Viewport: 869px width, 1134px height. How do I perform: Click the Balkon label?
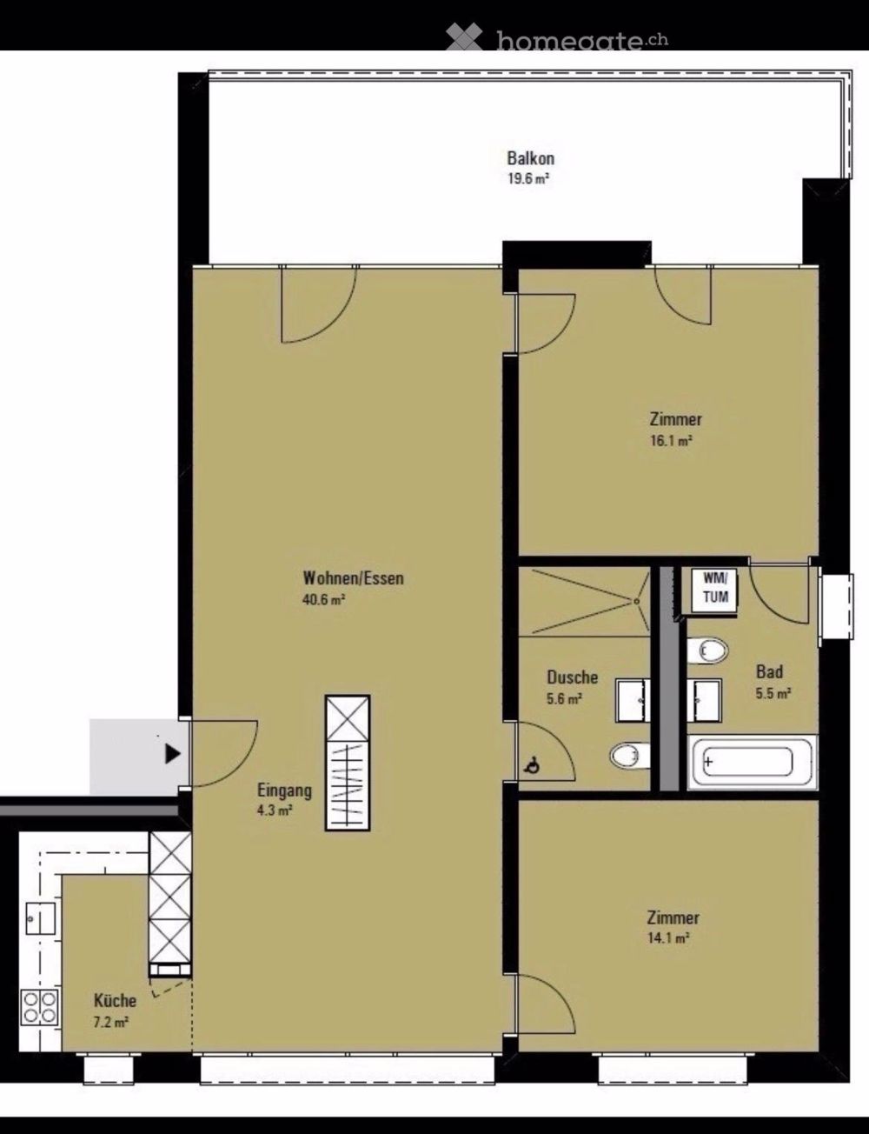(530, 157)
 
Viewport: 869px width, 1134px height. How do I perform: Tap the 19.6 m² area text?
(528, 179)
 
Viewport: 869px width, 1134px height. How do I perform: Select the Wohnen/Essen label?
(354, 578)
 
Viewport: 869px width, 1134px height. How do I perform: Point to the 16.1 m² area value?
(671, 441)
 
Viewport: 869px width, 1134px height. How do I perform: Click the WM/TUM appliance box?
(714, 590)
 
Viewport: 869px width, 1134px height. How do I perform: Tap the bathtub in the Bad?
(751, 763)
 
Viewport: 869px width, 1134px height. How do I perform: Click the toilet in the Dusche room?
(630, 755)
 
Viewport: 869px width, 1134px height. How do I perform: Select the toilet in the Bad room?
(707, 650)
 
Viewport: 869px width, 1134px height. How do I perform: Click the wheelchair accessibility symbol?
(531, 765)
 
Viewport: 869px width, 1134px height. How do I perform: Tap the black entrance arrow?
(173, 754)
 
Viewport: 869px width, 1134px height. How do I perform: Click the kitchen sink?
(41, 918)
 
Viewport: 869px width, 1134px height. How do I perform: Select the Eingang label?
(284, 790)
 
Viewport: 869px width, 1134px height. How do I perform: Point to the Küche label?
(115, 1000)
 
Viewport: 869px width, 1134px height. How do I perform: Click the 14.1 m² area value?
(668, 938)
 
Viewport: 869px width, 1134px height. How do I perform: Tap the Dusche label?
(572, 677)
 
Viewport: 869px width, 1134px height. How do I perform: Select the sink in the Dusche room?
(633, 700)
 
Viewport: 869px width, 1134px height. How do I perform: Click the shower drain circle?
(636, 601)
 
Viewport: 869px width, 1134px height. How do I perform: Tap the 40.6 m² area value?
(324, 600)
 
